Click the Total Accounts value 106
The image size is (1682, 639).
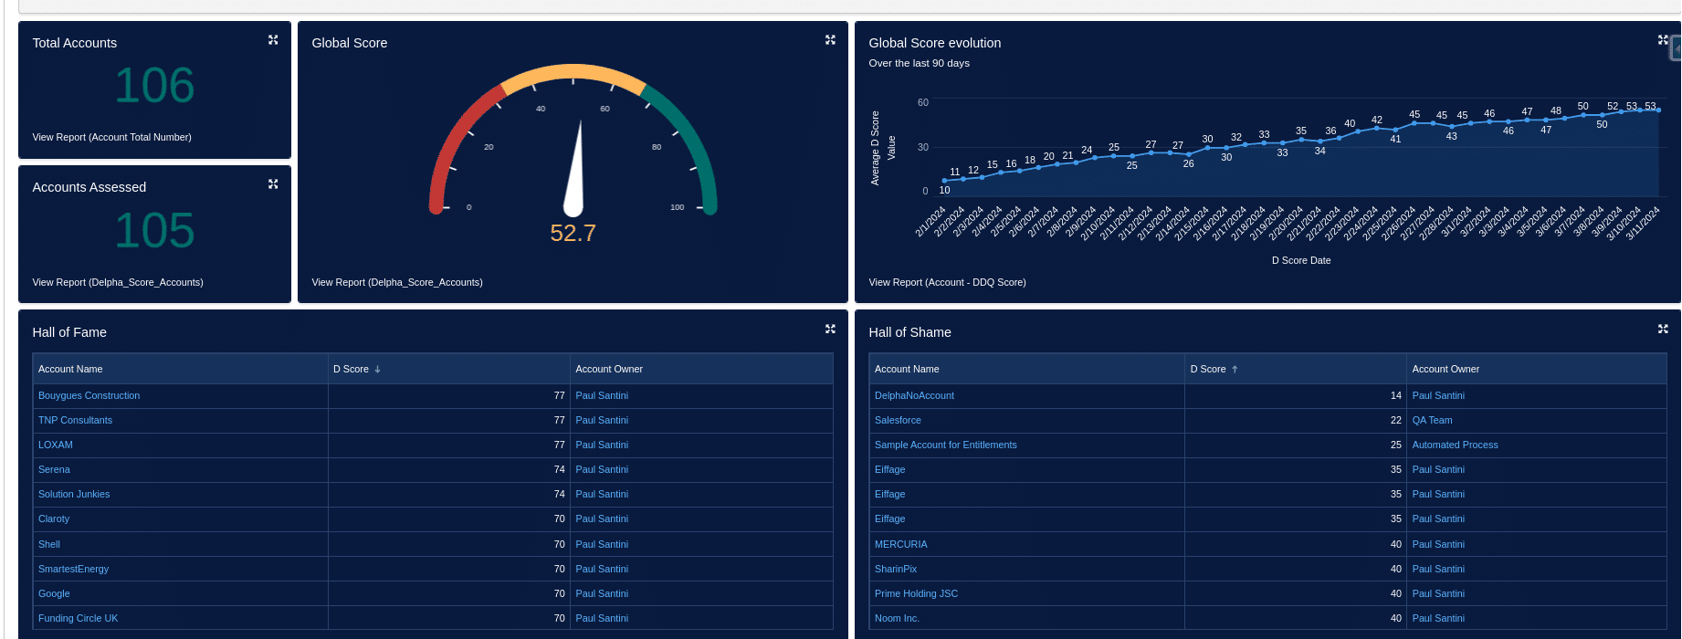click(x=154, y=86)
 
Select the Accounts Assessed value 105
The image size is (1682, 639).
click(x=154, y=230)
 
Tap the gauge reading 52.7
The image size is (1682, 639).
click(x=573, y=234)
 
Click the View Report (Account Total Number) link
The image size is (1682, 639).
click(x=111, y=137)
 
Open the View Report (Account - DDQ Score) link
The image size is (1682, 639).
click(x=947, y=282)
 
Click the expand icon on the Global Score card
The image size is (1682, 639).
click(x=830, y=40)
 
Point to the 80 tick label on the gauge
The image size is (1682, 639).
click(x=657, y=147)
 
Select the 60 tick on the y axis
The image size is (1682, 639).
click(x=923, y=102)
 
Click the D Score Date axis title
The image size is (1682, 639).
click(x=1301, y=260)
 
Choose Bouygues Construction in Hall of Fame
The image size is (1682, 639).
click(x=89, y=395)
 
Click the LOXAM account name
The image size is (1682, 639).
click(x=56, y=445)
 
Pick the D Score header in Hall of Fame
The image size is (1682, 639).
click(x=351, y=369)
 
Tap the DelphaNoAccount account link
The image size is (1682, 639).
click(x=914, y=395)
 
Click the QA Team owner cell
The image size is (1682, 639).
click(x=1432, y=420)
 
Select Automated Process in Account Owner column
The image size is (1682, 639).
click(x=1455, y=445)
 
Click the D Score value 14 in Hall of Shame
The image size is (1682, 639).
click(x=1395, y=395)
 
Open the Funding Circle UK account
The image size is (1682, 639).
click(x=78, y=618)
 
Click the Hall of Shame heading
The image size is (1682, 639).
click(x=909, y=332)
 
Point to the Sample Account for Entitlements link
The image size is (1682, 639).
click(x=945, y=445)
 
